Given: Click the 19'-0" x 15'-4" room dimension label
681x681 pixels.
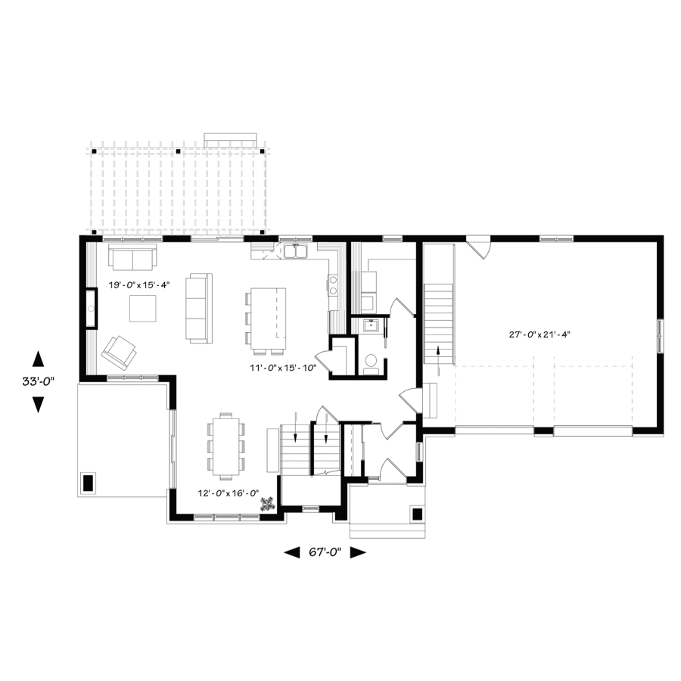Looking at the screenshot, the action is pos(138,285).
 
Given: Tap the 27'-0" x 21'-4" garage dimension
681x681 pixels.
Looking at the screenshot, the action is pos(540,334).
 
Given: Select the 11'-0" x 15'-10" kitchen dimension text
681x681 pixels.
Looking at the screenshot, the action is pos(283,368).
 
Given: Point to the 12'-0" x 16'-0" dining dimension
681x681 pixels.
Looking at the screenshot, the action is pos(229,493).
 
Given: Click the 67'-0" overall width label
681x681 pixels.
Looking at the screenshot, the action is pos(325,552).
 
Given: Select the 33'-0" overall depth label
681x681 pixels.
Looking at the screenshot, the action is pos(39,381).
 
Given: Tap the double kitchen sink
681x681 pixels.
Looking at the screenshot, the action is pos(296,251).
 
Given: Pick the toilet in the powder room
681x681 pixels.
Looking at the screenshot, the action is pos(371,364).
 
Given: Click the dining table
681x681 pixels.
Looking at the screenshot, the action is pos(225,446).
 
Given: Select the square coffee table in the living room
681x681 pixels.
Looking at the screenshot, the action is pos(143,309).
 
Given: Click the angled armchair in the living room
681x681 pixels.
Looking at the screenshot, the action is pos(119,350).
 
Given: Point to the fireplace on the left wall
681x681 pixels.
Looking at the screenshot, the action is pos(91,308).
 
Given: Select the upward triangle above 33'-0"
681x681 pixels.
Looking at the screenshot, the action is pos(39,359).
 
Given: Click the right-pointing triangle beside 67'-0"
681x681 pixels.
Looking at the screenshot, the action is pos(358,552).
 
